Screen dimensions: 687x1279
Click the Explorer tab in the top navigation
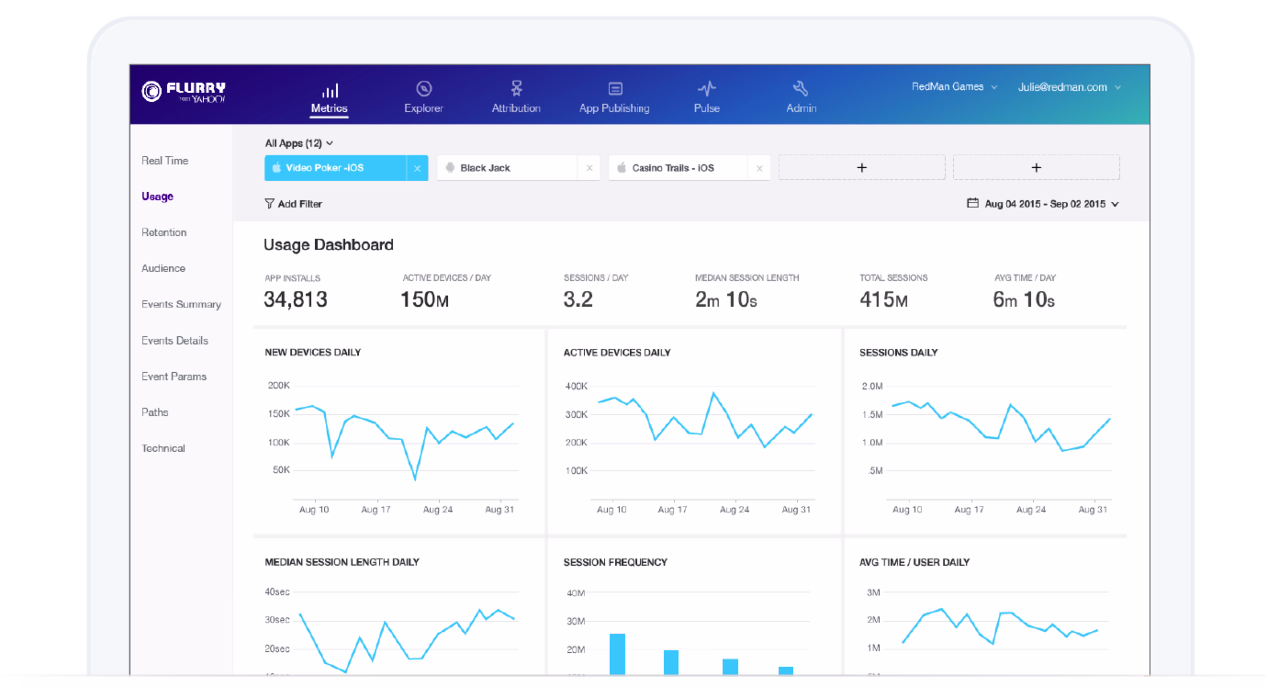coord(423,97)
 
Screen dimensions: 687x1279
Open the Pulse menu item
coord(706,97)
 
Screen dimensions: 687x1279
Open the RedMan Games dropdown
coord(953,87)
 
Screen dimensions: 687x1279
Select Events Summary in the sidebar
coord(181,304)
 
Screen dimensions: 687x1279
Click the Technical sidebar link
coord(163,448)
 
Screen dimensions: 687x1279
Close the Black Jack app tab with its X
coord(589,168)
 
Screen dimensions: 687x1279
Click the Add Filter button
coord(293,204)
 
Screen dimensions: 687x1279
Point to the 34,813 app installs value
coord(295,299)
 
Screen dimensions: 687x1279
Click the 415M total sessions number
coord(883,299)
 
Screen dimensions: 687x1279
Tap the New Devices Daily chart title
coord(312,352)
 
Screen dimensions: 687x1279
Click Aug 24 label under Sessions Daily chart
coord(1030,509)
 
